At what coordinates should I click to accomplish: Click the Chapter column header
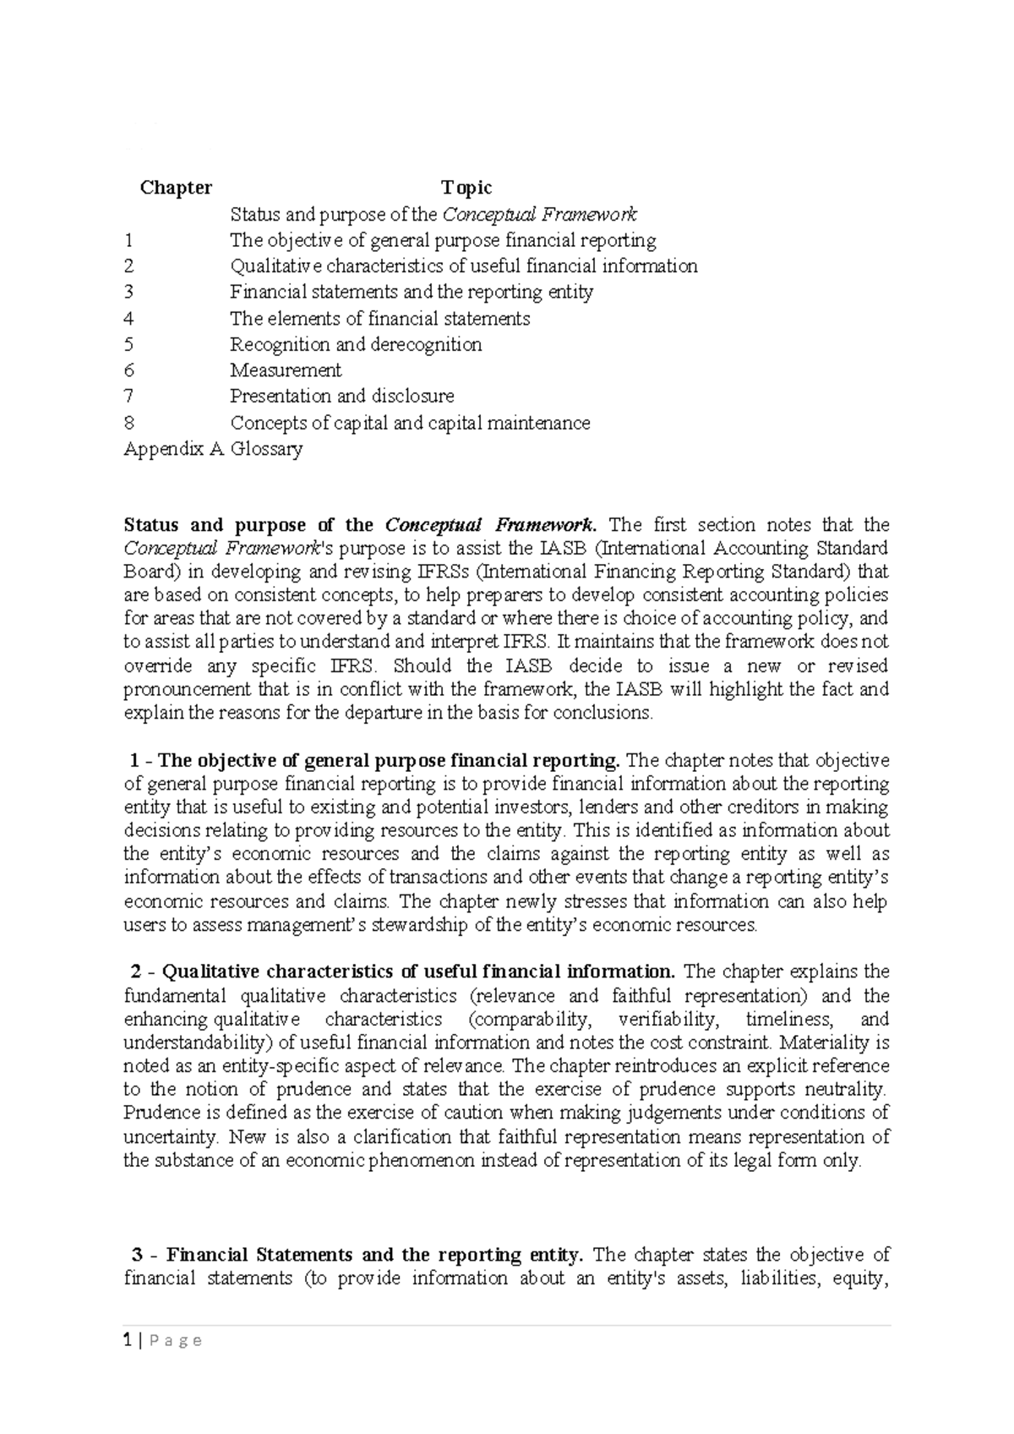(x=176, y=188)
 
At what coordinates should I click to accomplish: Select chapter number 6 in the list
(x=128, y=370)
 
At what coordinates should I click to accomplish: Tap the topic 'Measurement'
(x=286, y=370)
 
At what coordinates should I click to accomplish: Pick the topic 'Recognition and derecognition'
(x=356, y=345)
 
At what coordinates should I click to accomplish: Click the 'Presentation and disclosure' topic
(x=342, y=397)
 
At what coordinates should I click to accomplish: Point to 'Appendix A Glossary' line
(x=213, y=449)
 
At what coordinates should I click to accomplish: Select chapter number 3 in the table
(x=128, y=293)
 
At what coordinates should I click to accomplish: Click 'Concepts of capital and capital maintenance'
(x=410, y=423)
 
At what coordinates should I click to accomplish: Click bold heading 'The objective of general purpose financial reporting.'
(x=390, y=760)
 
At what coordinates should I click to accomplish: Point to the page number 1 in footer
(x=127, y=1341)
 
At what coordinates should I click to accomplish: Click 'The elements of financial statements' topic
(x=380, y=319)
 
